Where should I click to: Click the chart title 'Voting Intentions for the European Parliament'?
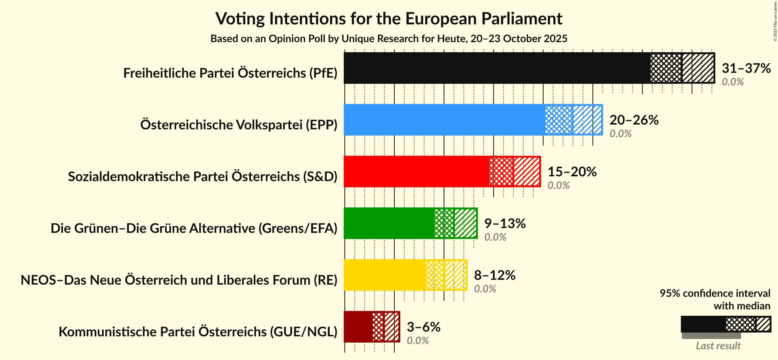click(389, 19)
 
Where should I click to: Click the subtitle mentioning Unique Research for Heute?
click(389, 39)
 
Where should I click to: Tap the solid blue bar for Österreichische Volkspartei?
click(444, 120)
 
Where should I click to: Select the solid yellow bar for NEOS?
click(384, 275)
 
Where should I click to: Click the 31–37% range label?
click(746, 68)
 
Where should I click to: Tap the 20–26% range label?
click(634, 120)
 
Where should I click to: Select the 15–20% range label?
click(572, 172)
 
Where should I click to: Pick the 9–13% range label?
click(505, 224)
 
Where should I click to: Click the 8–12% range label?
click(495, 275)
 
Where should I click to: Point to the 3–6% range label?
click(424, 327)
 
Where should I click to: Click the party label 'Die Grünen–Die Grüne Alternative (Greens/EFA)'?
click(194, 228)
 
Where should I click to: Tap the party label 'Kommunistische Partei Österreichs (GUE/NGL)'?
click(198, 332)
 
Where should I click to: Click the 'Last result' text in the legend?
click(718, 346)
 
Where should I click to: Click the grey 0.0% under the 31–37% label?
click(733, 82)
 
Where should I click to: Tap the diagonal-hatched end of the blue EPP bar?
click(588, 120)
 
